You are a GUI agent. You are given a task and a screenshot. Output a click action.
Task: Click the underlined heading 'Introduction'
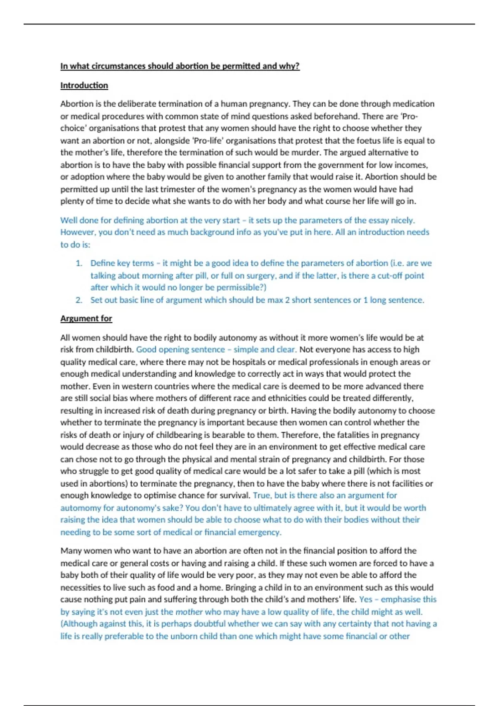click(x=84, y=85)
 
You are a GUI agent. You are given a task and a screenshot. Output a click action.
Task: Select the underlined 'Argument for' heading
click(x=86, y=318)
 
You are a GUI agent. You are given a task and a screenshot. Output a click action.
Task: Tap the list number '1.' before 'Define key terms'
click(x=79, y=263)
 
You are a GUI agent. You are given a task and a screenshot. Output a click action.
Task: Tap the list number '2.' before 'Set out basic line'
click(x=79, y=300)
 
